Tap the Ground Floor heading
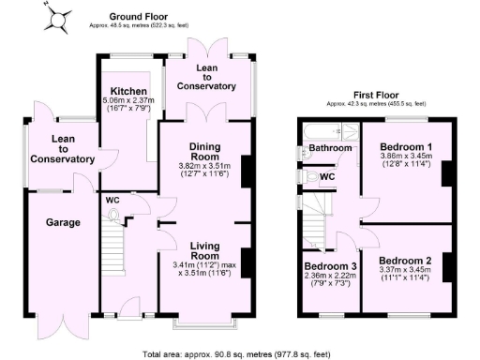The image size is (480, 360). click(138, 17)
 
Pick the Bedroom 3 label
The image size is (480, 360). click(330, 265)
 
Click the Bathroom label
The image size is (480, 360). click(331, 148)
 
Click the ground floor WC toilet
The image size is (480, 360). click(116, 215)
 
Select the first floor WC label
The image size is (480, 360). click(328, 175)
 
